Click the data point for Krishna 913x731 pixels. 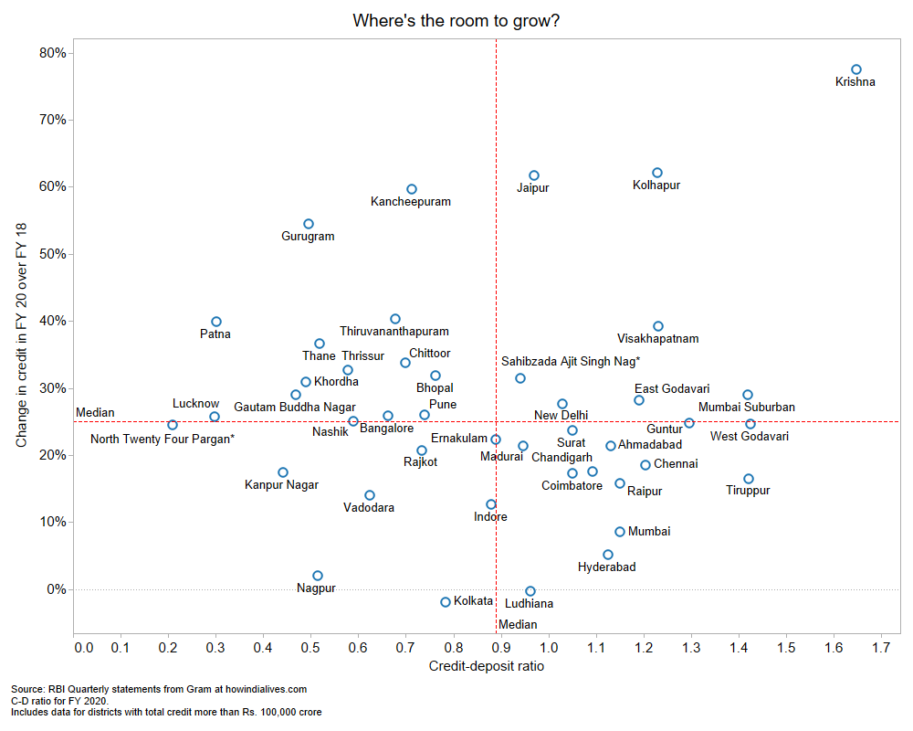coord(856,69)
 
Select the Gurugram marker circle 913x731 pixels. coord(309,224)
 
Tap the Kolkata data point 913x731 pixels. coord(446,602)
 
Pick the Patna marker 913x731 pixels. coord(216,322)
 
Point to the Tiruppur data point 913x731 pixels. coord(749,479)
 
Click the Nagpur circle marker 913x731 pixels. coord(318,576)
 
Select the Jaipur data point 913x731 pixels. coord(534,175)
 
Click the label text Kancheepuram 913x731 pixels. coord(411,202)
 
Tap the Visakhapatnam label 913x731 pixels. coord(658,339)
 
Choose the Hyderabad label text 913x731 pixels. coord(607,567)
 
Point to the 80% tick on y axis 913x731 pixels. coord(53,53)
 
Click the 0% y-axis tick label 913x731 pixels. coord(56,589)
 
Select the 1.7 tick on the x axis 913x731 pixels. coord(881,648)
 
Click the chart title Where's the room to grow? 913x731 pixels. coord(456,20)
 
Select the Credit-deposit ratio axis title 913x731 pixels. coord(486,666)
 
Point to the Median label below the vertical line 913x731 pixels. coord(518,625)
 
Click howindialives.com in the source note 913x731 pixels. coord(261,689)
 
